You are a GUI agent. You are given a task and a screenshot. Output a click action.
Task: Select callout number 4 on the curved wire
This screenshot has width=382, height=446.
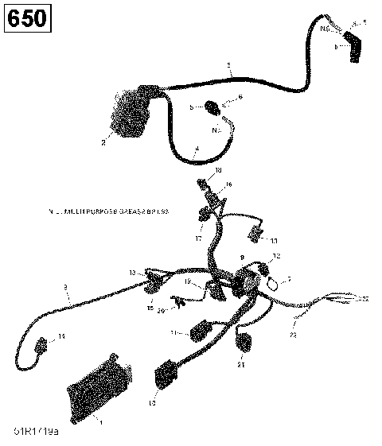tap(197, 149)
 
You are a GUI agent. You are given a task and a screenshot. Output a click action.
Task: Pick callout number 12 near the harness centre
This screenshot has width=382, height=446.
tap(276, 255)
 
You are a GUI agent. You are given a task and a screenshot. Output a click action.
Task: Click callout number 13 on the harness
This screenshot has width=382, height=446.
tap(132, 272)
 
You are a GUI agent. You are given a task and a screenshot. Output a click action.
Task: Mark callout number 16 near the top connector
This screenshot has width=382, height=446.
tap(228, 184)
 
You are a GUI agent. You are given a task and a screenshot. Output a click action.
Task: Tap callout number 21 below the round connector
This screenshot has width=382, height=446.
tap(241, 365)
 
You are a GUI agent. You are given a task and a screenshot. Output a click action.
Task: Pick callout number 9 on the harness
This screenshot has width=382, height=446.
tap(243, 258)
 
